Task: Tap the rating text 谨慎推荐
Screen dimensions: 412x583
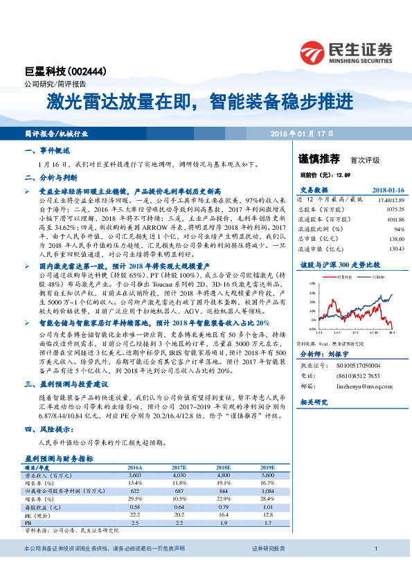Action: [320, 159]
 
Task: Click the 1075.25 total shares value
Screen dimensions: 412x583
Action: [392, 208]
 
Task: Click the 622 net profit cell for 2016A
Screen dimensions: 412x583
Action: [135, 490]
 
